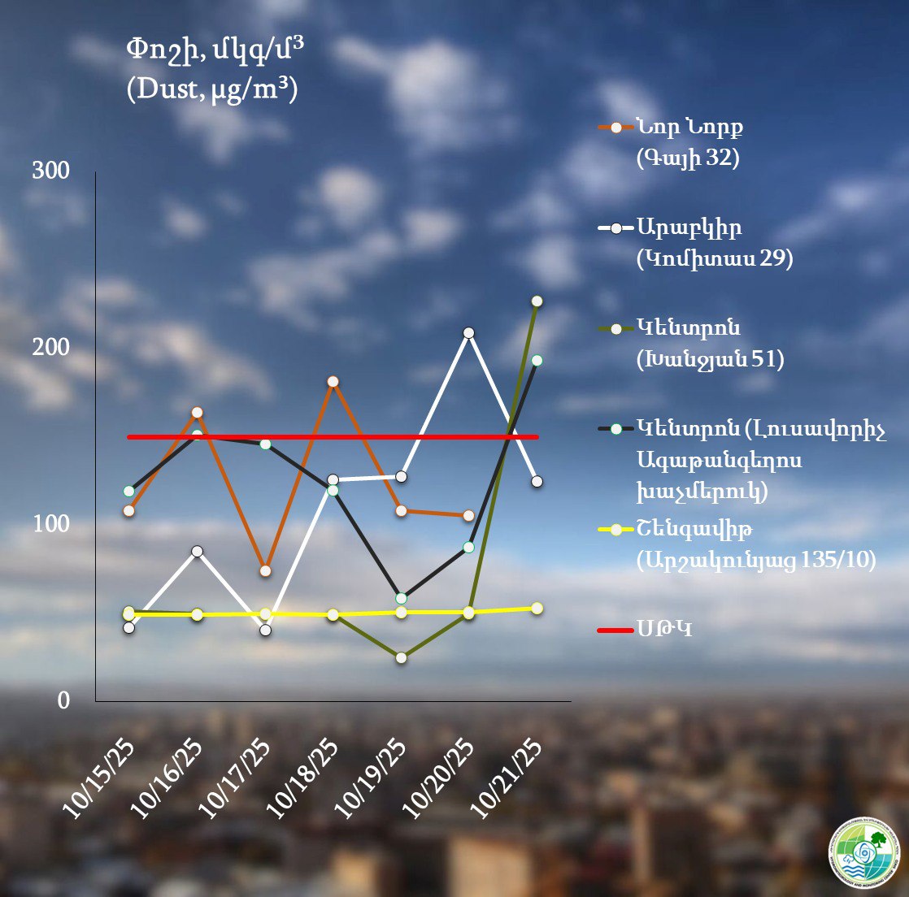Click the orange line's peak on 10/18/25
point(333,381)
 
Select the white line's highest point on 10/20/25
point(469,332)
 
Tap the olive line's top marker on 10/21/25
point(537,301)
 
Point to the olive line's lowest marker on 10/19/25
point(401,657)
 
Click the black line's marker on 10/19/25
point(401,598)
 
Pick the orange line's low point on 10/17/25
point(265,570)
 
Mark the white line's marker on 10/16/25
point(197,551)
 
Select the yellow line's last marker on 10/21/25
point(537,608)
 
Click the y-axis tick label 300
point(50,171)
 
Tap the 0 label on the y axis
point(63,701)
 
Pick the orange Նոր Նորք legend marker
point(616,128)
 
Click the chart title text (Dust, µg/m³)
point(212,88)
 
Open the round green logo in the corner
point(863,852)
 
